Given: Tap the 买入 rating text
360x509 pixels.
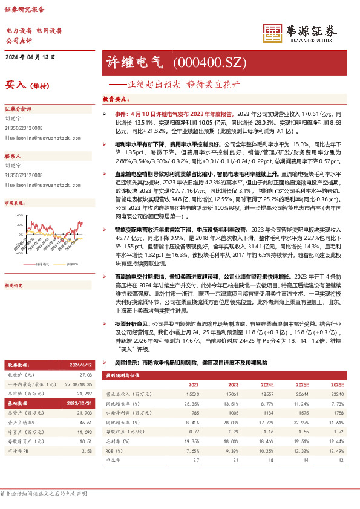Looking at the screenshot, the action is point(15,85).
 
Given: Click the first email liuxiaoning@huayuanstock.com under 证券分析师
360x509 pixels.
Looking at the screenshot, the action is point(36,138).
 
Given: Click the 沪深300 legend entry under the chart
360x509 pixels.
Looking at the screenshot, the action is point(71,264).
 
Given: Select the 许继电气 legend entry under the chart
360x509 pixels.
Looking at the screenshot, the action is point(42,264).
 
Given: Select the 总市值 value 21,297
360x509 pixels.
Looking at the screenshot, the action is point(85,394).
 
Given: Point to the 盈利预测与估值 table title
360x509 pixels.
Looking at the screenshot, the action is point(123,375).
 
